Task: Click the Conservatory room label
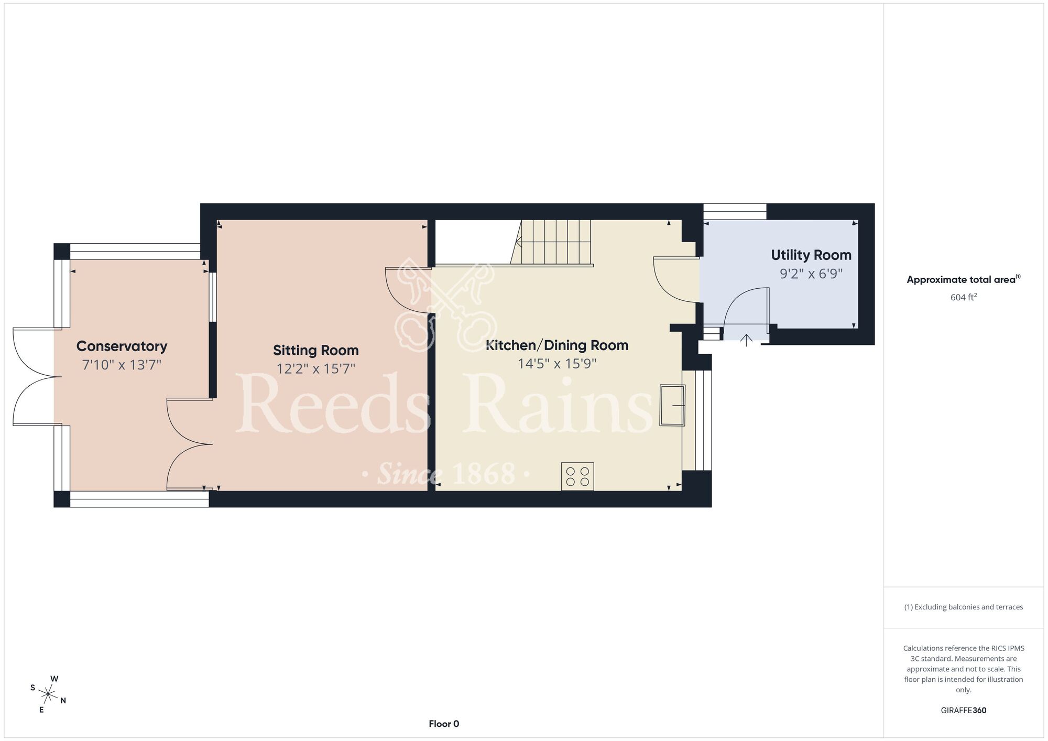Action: [x=122, y=346]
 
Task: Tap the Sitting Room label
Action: [x=316, y=351]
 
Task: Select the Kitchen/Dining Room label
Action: [x=557, y=345]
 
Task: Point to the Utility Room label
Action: [x=811, y=255]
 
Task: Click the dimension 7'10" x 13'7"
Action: [x=122, y=365]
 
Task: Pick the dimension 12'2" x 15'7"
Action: [x=316, y=369]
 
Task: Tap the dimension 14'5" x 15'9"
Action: [x=557, y=364]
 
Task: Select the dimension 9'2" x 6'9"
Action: [x=811, y=274]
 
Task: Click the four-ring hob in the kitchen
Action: [x=577, y=476]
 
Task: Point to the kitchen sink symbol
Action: [x=673, y=405]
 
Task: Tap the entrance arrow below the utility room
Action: [x=746, y=341]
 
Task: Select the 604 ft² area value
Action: [x=964, y=297]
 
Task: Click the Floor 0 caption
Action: [x=444, y=724]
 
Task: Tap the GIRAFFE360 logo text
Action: [x=964, y=711]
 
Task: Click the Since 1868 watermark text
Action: [x=446, y=474]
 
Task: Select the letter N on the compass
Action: [x=63, y=701]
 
